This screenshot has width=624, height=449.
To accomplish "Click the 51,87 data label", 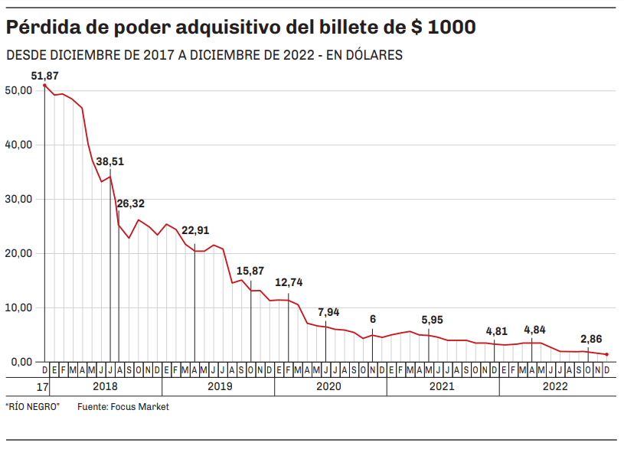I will [44, 76].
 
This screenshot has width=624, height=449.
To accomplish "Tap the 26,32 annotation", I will [130, 203].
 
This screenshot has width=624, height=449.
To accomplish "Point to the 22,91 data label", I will [195, 230].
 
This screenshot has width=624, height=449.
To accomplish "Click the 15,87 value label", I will [250, 271].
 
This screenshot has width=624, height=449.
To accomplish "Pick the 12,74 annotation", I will [289, 282].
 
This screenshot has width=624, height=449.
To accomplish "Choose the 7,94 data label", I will [328, 312].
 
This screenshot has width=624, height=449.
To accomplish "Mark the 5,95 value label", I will [432, 320].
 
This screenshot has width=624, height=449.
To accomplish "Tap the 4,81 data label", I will [497, 331].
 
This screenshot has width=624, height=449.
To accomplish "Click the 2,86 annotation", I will [591, 338].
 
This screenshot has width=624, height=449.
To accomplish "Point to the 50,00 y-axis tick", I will [18, 90].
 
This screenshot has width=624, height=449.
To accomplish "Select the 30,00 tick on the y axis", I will [18, 199].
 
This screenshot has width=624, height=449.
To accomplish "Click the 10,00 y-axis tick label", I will [18, 307].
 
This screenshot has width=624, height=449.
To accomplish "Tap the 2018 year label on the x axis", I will [106, 386].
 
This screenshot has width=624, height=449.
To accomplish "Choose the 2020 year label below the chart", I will [330, 386].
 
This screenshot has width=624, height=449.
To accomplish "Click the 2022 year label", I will [555, 386].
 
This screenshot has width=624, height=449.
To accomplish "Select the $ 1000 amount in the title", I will [442, 28].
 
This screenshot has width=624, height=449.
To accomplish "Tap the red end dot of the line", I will [607, 354].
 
